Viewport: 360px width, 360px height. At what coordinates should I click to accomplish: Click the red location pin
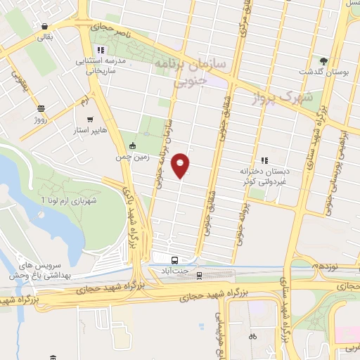(181, 165)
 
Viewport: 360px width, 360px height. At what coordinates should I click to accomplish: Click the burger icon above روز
(41, 108)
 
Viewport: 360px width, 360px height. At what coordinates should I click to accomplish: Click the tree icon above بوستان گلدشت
(324, 61)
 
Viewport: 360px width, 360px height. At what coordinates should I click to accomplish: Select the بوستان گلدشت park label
(320, 72)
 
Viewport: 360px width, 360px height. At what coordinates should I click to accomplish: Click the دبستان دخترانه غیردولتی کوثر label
(264, 175)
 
